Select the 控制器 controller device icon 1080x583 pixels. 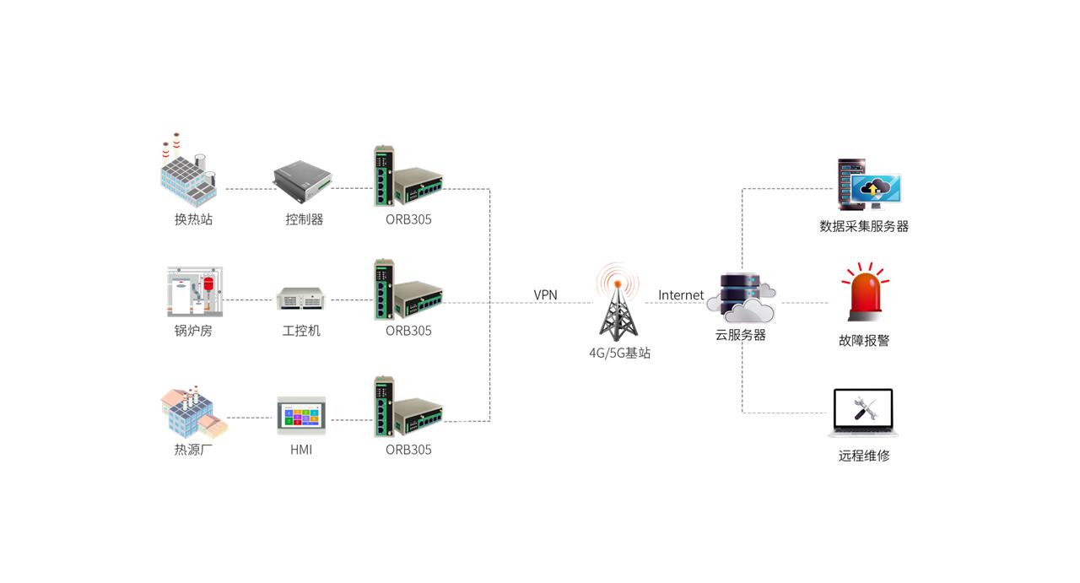(303, 175)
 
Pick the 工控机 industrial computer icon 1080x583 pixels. (301, 298)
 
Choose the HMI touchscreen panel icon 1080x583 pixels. (301, 415)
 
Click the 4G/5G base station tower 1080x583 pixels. (619, 304)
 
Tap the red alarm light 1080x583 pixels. (864, 294)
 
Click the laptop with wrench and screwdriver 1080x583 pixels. (863, 413)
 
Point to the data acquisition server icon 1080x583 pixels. (867, 184)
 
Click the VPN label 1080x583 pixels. (545, 294)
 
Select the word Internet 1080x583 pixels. (680, 294)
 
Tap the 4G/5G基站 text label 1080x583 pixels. (619, 354)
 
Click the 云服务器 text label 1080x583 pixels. (740, 334)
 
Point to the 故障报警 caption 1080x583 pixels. (863, 341)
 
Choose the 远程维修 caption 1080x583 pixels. (863, 456)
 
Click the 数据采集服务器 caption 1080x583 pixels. (863, 226)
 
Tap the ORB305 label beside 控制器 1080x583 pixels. (408, 219)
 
